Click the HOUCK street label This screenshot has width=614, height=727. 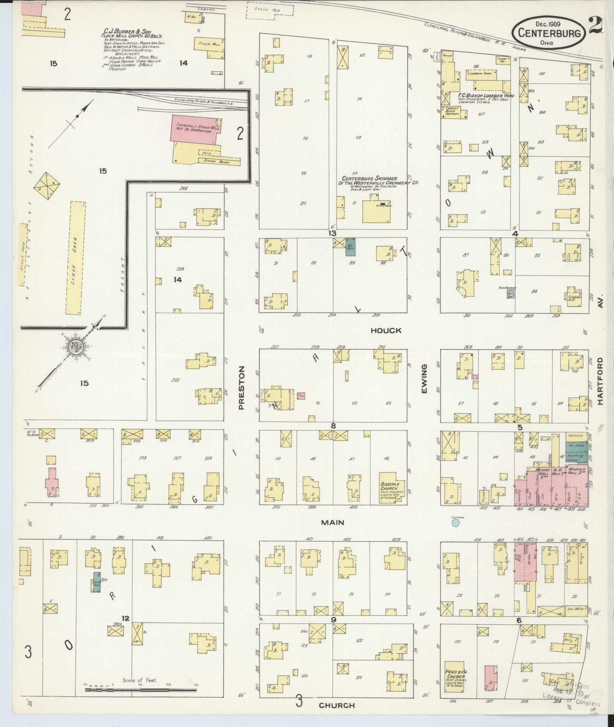(x=385, y=330)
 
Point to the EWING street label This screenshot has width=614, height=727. (x=424, y=378)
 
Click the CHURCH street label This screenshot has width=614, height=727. (x=337, y=705)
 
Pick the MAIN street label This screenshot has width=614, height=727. (x=333, y=523)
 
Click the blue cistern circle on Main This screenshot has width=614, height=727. (x=456, y=523)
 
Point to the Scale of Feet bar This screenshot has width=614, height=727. (x=140, y=690)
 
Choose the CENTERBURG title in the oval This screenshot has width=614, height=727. (x=548, y=33)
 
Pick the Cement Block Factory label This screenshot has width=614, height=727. (x=453, y=111)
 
